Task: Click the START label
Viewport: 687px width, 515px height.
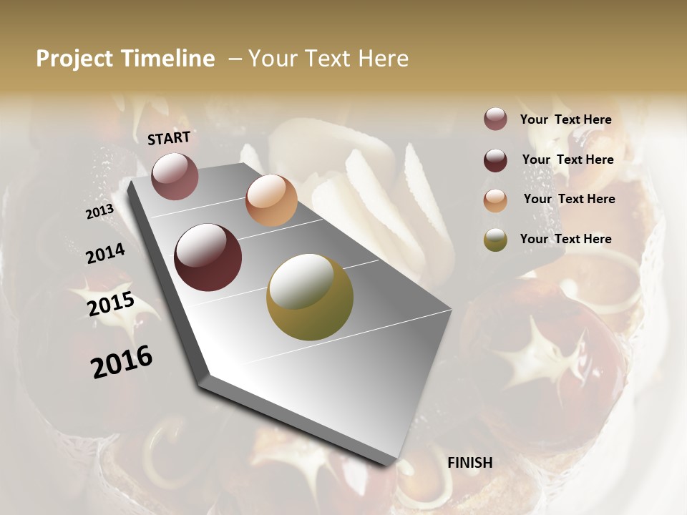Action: pyautogui.click(x=169, y=138)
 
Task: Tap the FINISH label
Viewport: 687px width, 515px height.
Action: pyautogui.click(x=469, y=463)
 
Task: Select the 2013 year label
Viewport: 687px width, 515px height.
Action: pyautogui.click(x=99, y=212)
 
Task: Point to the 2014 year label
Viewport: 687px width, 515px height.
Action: pyautogui.click(x=105, y=254)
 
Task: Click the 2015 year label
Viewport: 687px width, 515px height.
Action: pyautogui.click(x=111, y=305)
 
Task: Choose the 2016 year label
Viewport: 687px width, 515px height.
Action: pyautogui.click(x=122, y=362)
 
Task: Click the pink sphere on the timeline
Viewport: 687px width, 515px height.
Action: pyautogui.click(x=175, y=176)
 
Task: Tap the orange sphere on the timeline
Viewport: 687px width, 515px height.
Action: pyautogui.click(x=271, y=200)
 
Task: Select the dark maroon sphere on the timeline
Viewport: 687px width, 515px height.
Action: pyautogui.click(x=208, y=257)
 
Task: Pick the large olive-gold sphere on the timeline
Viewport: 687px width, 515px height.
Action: pyautogui.click(x=310, y=297)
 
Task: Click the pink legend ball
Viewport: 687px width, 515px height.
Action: pyautogui.click(x=495, y=119)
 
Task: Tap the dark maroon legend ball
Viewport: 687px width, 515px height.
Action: pyautogui.click(x=495, y=160)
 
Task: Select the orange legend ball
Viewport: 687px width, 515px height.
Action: pyautogui.click(x=495, y=200)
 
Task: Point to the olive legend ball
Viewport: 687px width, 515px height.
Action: pyautogui.click(x=495, y=240)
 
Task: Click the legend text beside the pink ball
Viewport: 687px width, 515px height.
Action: pyautogui.click(x=565, y=120)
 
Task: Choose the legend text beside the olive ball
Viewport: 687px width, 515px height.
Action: pyautogui.click(x=565, y=239)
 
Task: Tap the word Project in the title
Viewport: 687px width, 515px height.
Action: pyautogui.click(x=75, y=59)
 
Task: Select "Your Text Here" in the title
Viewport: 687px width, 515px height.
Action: pyautogui.click(x=328, y=59)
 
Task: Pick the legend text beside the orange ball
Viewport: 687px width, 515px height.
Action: pyautogui.click(x=569, y=199)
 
